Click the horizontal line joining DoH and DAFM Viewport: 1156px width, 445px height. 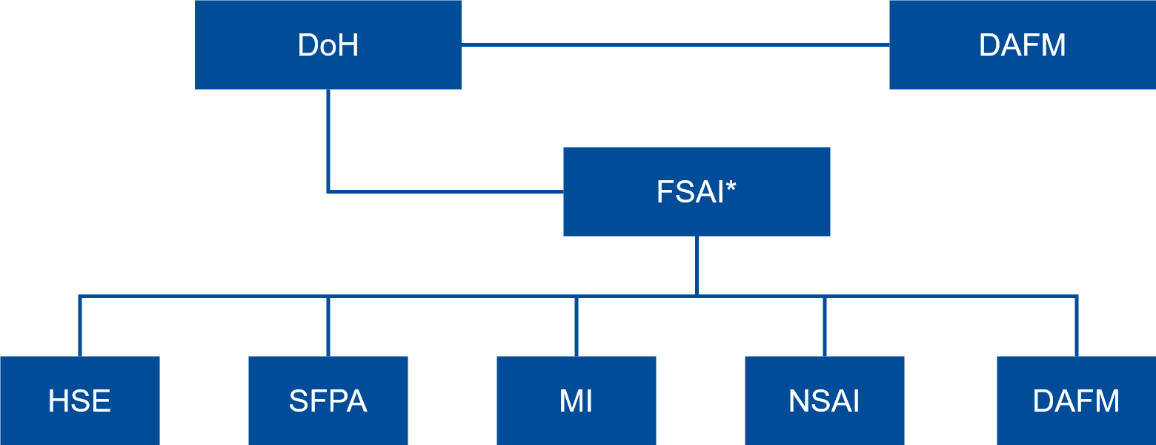tap(674, 45)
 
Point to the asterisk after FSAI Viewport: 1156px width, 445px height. tap(731, 186)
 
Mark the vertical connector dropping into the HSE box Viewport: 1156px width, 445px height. tap(79, 326)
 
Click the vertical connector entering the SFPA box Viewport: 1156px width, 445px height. tap(328, 326)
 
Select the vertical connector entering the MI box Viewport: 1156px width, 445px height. tap(576, 326)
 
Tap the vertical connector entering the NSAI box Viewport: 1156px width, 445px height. tap(824, 326)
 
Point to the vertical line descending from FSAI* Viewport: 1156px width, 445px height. tap(697, 266)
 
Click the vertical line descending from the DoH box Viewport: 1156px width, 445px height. tap(328, 141)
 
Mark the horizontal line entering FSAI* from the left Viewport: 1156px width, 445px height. tap(445, 191)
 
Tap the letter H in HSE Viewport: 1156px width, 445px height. tap(57, 401)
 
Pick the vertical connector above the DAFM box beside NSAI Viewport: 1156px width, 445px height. tap(1076, 326)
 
